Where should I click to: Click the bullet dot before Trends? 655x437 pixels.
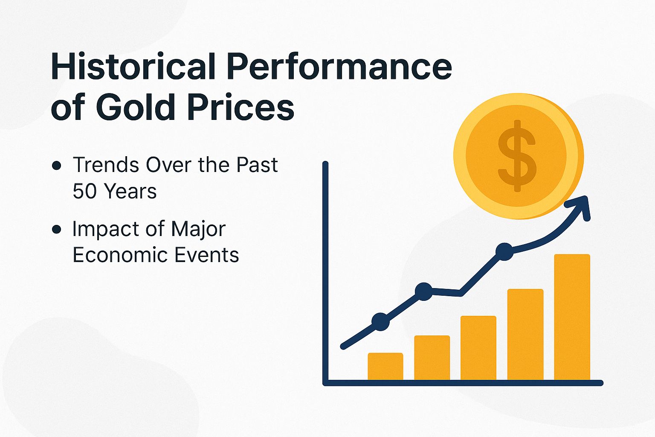(x=56, y=166)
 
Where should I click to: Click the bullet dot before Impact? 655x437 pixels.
(x=56, y=230)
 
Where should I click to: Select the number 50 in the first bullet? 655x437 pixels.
(x=85, y=191)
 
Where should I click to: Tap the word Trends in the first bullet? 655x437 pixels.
(x=106, y=165)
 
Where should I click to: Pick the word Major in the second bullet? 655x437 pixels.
(x=198, y=230)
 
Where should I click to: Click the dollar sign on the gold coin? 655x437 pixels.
(x=517, y=156)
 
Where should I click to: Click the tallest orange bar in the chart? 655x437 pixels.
(x=572, y=317)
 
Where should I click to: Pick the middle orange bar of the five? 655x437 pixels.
(x=478, y=347)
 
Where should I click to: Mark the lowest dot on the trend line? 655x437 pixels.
(x=380, y=321)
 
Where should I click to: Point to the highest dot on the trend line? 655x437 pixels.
(x=505, y=251)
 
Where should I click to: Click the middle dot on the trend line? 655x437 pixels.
(x=424, y=291)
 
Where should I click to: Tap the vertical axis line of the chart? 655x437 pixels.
(x=325, y=273)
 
